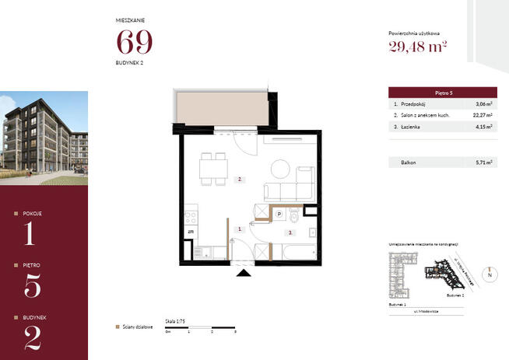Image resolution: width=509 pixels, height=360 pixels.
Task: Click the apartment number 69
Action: pyautogui.click(x=135, y=42)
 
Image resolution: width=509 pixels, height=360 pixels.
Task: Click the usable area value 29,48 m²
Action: pyautogui.click(x=417, y=48)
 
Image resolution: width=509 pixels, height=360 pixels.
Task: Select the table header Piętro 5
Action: pyautogui.click(x=442, y=92)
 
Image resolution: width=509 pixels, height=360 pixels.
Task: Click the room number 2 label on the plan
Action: pyautogui.click(x=240, y=180)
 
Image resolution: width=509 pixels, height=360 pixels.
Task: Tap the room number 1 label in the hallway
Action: pyautogui.click(x=240, y=229)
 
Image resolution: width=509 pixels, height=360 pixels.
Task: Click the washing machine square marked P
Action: pyautogui.click(x=279, y=213)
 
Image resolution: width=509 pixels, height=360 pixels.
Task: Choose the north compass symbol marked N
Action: pyautogui.click(x=490, y=274)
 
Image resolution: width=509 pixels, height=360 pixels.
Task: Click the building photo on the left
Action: pyautogui.click(x=44, y=138)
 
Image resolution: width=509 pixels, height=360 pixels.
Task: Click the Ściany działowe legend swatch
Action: pyautogui.click(x=117, y=327)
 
